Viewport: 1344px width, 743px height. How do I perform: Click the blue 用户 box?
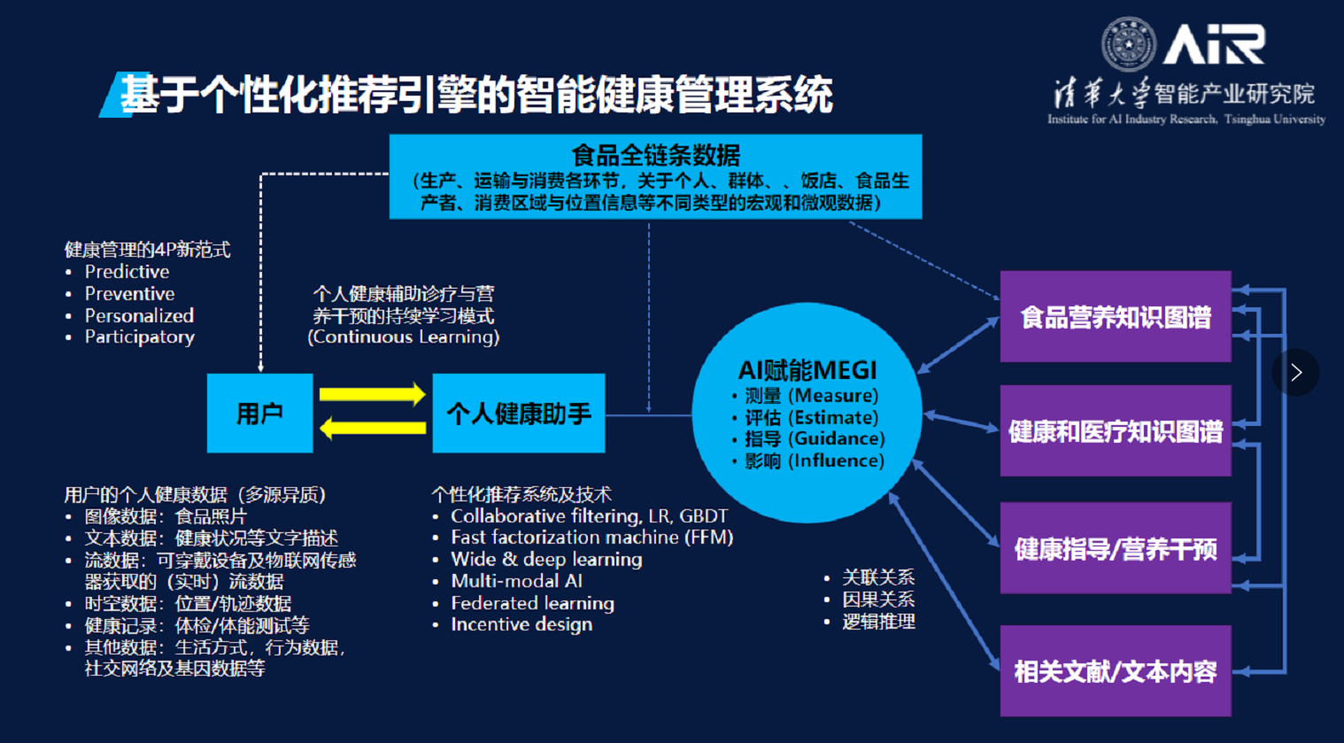[259, 414]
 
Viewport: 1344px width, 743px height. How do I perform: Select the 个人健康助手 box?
[518, 414]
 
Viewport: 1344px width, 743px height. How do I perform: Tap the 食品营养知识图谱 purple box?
[1115, 317]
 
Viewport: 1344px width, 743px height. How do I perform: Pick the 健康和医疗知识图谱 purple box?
[1115, 431]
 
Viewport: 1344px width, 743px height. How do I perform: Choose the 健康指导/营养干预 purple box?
[1115, 548]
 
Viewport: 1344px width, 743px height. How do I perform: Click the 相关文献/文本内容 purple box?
[1115, 671]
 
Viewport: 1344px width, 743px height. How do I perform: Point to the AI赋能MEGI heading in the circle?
[807, 370]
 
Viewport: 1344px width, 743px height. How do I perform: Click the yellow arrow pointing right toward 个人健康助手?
[372, 394]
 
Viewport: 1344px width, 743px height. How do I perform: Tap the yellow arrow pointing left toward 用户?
[372, 429]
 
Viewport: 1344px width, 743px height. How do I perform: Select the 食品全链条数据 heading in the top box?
[655, 156]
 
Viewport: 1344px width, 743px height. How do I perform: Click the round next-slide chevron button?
[1295, 373]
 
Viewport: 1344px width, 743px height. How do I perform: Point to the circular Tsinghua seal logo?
[1128, 44]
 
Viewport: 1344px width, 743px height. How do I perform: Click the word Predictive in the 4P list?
[127, 272]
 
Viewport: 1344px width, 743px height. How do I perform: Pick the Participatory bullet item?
[139, 337]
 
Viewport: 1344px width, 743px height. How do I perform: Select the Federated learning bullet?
[532, 603]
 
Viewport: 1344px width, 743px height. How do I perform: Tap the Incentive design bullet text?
[521, 624]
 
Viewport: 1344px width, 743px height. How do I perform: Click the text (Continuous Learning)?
[404, 337]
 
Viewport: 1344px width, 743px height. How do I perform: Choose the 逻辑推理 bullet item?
[878, 622]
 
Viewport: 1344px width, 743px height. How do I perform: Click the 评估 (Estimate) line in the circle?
[811, 418]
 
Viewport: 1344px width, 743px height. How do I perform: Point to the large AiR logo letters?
[1213, 44]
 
